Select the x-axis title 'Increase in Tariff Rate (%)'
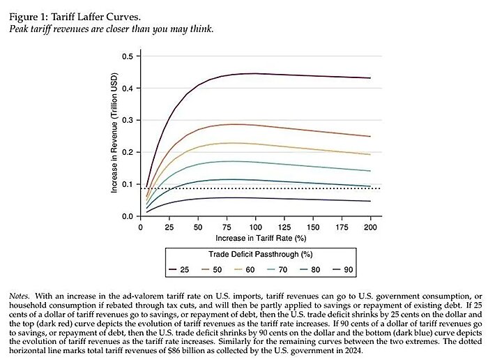(255, 239)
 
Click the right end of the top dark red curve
(370, 77)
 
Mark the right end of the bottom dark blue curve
(370, 201)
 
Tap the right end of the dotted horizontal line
(379, 188)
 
